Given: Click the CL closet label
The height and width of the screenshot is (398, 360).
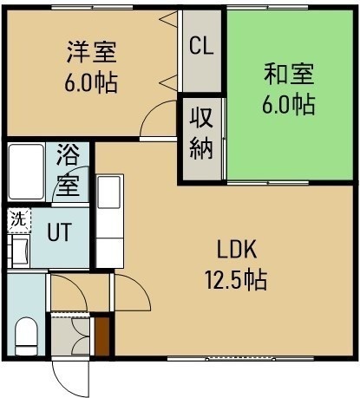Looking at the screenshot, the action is pyautogui.click(x=201, y=46).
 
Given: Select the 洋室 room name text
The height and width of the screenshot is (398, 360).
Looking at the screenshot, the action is pyautogui.click(x=92, y=52).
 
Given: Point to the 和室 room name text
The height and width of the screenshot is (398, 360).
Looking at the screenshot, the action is pyautogui.click(x=289, y=74).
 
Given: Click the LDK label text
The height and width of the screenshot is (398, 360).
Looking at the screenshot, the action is pyautogui.click(x=237, y=250).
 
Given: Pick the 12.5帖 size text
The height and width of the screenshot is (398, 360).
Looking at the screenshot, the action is pyautogui.click(x=236, y=280).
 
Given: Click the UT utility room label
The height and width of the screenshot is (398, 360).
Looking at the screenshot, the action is pyautogui.click(x=59, y=232).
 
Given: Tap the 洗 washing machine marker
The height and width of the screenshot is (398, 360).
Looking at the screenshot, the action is pyautogui.click(x=18, y=220).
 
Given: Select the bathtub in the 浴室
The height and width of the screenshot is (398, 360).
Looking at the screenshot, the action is pyautogui.click(x=26, y=173).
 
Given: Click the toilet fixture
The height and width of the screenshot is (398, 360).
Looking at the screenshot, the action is pyautogui.click(x=26, y=336).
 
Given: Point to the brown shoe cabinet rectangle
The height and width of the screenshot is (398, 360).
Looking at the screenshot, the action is pyautogui.click(x=102, y=336).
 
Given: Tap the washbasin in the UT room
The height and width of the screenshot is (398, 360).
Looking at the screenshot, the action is pyautogui.click(x=19, y=251).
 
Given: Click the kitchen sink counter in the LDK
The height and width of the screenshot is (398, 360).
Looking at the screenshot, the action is pyautogui.click(x=109, y=221).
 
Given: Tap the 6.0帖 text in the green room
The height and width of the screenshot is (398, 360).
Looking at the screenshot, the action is pyautogui.click(x=288, y=105).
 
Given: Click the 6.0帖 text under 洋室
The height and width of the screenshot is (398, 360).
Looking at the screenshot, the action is pyautogui.click(x=91, y=83).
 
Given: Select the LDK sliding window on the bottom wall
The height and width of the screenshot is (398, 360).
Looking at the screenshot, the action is pyautogui.click(x=240, y=359).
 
